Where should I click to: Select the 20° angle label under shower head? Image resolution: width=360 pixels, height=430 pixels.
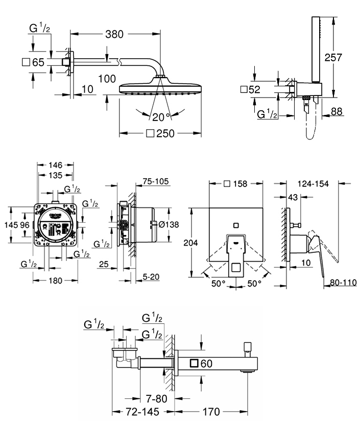[x=160, y=116]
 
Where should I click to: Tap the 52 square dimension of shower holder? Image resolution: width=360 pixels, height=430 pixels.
[x=265, y=89]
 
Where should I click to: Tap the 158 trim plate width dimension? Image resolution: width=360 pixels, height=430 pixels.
[x=238, y=183]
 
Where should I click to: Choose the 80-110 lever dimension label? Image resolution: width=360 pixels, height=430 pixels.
[x=342, y=281]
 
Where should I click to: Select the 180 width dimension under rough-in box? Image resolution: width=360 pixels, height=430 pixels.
[x=56, y=280]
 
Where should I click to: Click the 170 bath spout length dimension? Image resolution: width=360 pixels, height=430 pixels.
[x=211, y=410]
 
